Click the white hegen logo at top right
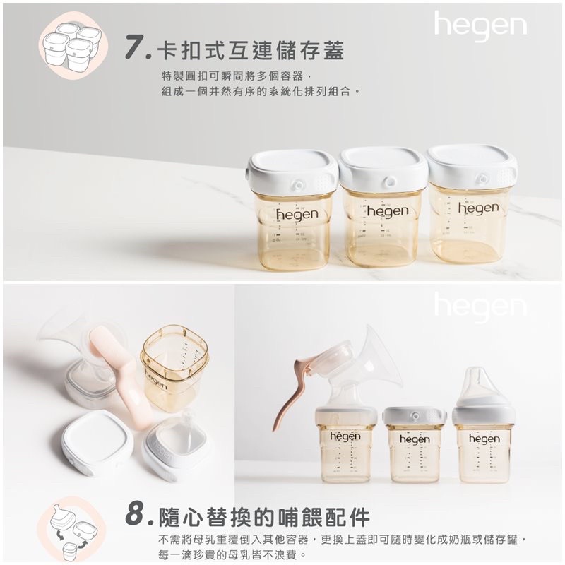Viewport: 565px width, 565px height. point(480,25)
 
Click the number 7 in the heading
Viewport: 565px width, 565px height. point(135,47)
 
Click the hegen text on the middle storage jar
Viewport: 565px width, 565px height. point(388,210)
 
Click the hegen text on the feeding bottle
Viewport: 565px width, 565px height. point(484,439)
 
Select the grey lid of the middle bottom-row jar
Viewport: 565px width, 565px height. point(415,416)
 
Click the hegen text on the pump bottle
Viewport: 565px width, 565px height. point(345,436)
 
